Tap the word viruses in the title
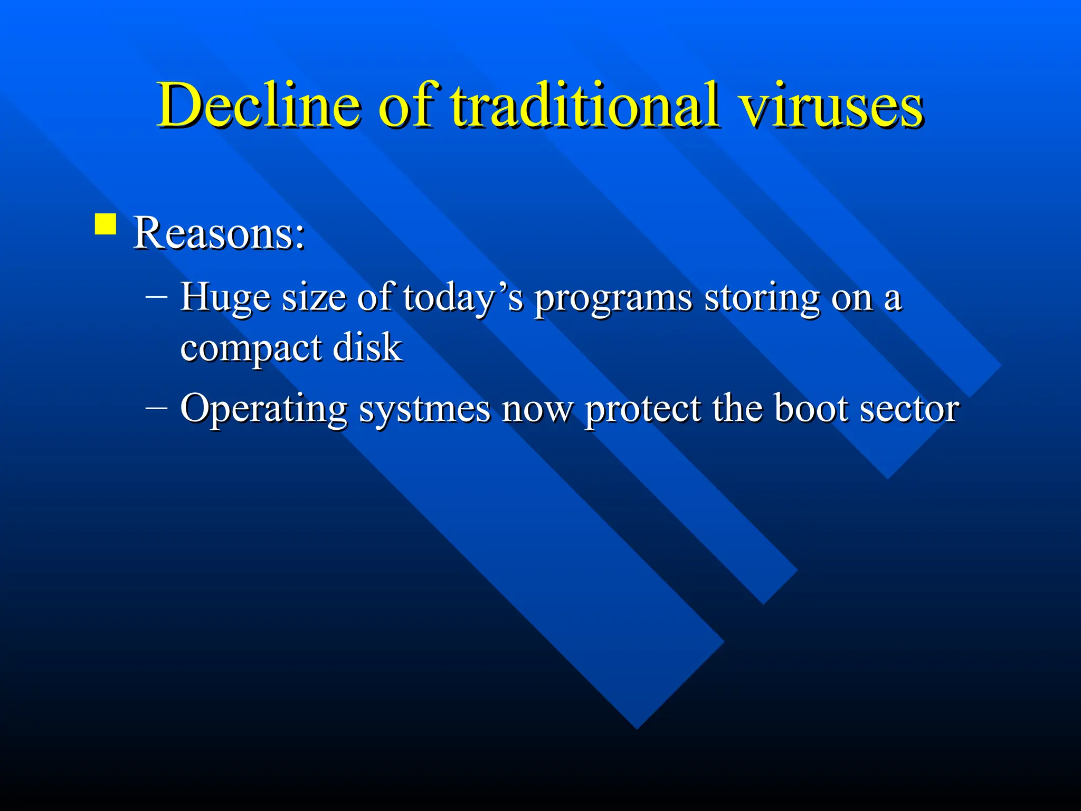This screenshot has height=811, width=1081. coord(831,106)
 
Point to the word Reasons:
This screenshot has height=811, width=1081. coord(219,233)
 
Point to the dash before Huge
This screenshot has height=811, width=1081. coord(156,297)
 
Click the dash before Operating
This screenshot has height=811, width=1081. coord(156,408)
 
